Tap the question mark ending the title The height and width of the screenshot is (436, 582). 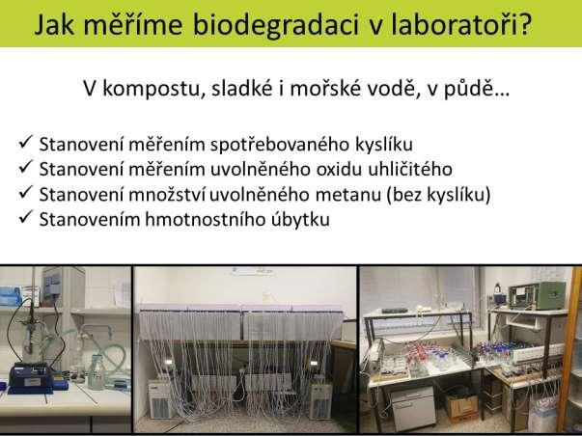(x=525, y=24)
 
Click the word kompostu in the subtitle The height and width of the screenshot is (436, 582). (x=154, y=90)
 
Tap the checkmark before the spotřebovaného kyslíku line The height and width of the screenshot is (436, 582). (x=25, y=142)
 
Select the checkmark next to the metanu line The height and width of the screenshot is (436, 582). (x=25, y=192)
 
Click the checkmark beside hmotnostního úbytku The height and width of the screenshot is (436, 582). (x=25, y=217)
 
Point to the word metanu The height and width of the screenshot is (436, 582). (x=347, y=195)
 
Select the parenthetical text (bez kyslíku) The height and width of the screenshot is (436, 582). (x=438, y=195)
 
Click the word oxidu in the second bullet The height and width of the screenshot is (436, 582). (x=339, y=170)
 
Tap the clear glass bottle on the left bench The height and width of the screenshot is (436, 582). (x=96, y=372)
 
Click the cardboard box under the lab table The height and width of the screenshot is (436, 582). (x=462, y=407)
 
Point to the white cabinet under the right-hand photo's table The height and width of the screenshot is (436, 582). (x=412, y=407)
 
